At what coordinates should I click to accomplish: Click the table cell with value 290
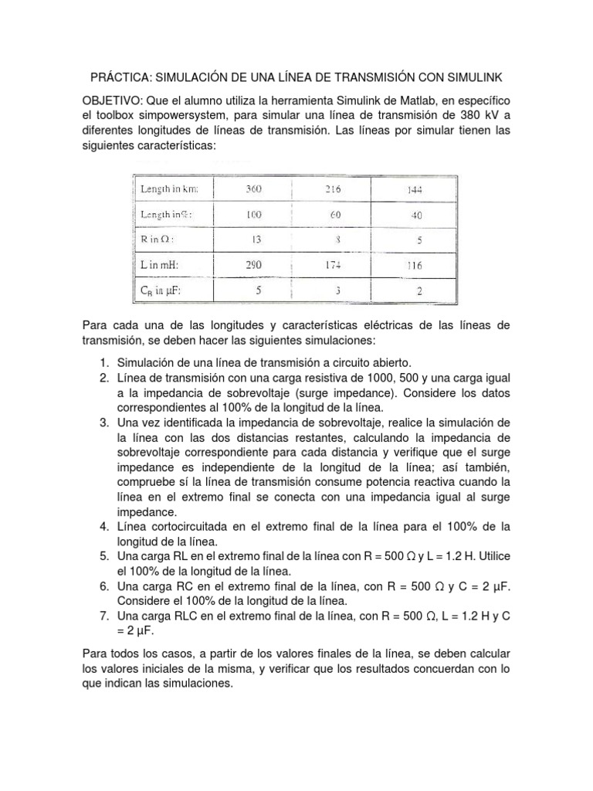coord(254,265)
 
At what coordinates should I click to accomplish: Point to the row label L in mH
coord(161,265)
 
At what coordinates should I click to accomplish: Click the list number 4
coord(103,527)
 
